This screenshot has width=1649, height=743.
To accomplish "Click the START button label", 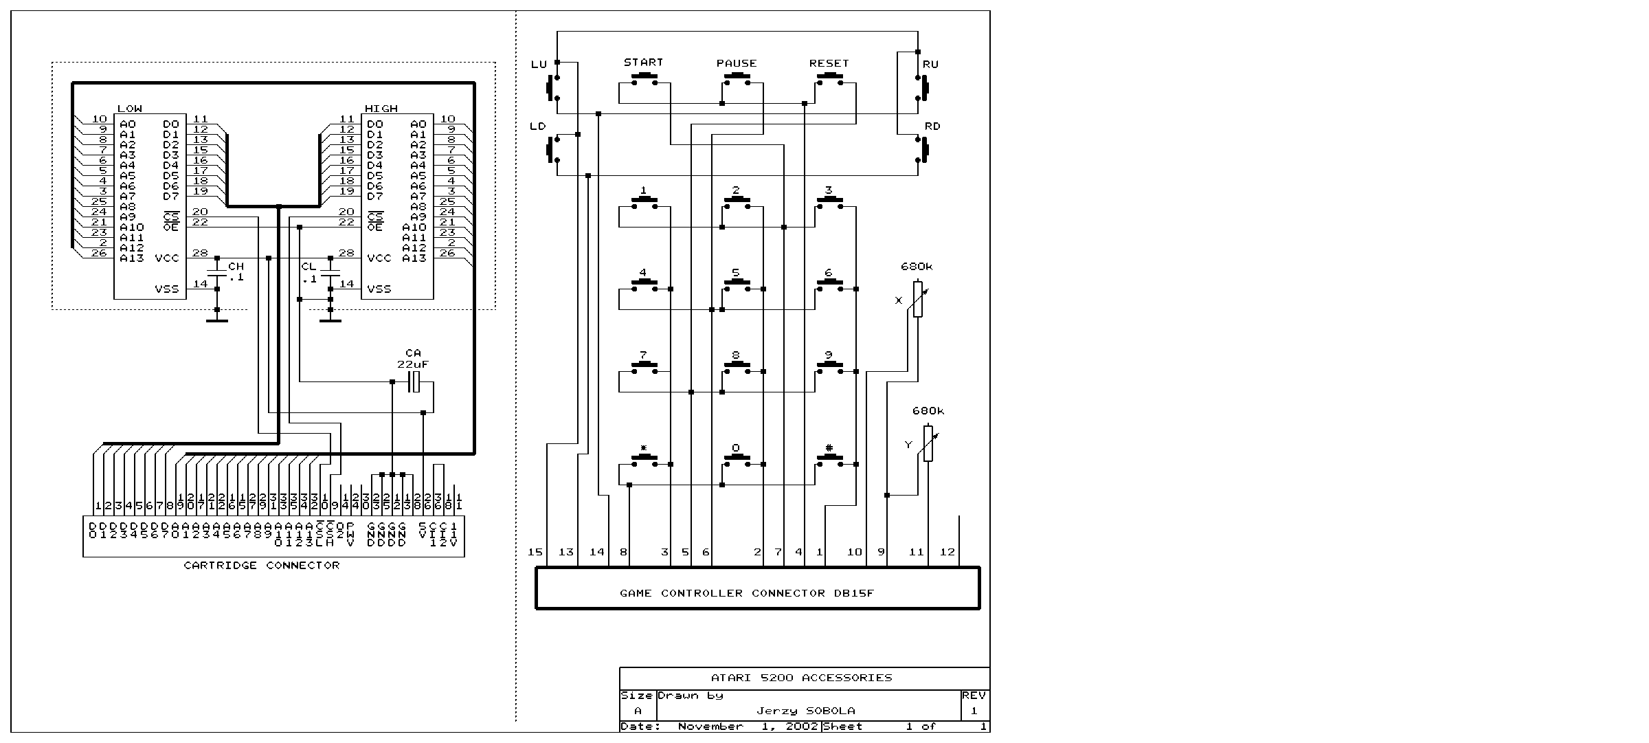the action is (643, 62).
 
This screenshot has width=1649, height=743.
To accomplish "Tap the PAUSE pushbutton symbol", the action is (736, 79).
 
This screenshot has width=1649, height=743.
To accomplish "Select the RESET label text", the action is (829, 63).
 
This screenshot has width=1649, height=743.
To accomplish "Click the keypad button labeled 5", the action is (736, 285).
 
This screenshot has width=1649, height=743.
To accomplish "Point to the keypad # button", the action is (829, 461).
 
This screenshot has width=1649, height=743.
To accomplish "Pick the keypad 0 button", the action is (736, 461).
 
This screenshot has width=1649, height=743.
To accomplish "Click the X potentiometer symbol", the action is (918, 299).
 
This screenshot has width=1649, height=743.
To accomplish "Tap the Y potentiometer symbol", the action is (928, 443).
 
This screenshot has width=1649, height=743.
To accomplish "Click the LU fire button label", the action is (539, 65).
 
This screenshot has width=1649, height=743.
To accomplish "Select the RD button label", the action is (932, 126).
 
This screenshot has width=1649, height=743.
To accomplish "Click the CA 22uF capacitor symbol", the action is (414, 381).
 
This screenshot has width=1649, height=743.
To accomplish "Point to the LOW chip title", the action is (130, 109).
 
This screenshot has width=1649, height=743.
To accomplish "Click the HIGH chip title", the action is (381, 109).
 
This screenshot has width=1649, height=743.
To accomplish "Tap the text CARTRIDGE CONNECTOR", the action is (262, 565).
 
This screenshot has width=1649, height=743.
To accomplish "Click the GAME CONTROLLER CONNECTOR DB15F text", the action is (747, 593).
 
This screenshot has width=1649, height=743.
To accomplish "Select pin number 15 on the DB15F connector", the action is (535, 552).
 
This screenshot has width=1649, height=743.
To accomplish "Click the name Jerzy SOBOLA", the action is (806, 711).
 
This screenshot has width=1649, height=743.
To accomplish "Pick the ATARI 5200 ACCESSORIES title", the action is (801, 678).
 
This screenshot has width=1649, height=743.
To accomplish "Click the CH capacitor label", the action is (236, 266).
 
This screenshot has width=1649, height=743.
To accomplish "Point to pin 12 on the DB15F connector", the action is (947, 552).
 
